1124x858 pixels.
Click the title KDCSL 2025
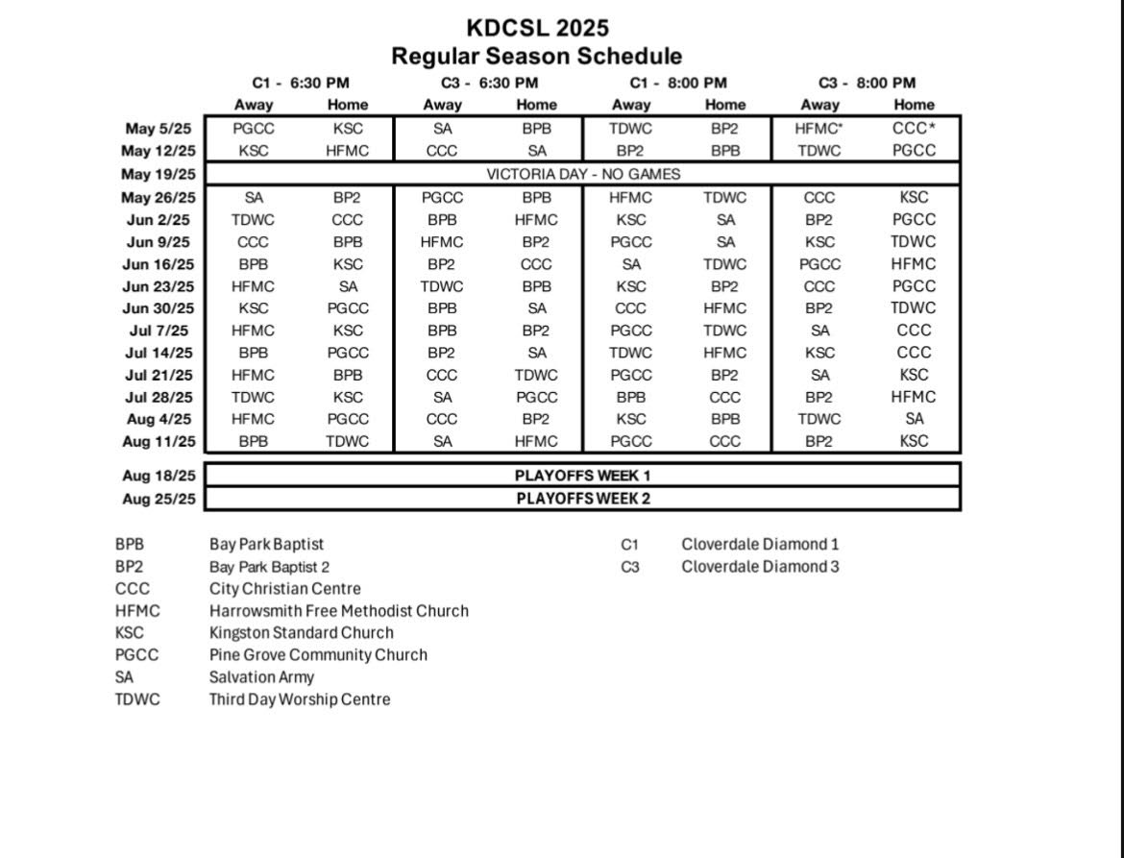(x=537, y=28)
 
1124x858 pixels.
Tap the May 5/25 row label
(x=159, y=128)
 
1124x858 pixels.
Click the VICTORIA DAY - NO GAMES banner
(x=583, y=174)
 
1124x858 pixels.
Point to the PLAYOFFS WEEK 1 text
(x=583, y=476)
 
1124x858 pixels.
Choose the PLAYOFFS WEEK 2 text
(x=583, y=499)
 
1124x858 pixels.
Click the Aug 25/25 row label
(x=159, y=499)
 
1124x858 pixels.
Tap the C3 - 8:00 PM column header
(x=867, y=84)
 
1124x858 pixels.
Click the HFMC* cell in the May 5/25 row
(x=819, y=128)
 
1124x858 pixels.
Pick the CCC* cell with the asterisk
(x=913, y=128)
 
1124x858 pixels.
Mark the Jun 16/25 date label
(x=159, y=264)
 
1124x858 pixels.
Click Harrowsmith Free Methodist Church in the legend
(x=339, y=611)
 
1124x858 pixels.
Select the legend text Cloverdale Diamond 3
(x=760, y=567)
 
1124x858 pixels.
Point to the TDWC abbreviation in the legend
(x=137, y=699)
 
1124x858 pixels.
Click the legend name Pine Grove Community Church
(x=318, y=655)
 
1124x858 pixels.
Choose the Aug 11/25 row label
(x=159, y=442)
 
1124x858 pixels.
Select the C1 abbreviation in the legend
(x=629, y=545)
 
